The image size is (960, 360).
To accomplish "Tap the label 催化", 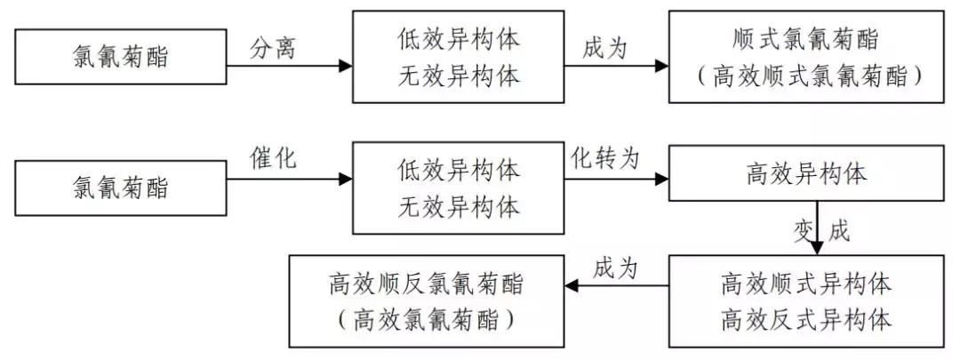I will pyautogui.click(x=272, y=159).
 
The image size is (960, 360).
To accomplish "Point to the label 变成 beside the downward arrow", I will pyautogui.click(x=821, y=231).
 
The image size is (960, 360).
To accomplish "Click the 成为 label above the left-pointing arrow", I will pyautogui.click(x=616, y=267).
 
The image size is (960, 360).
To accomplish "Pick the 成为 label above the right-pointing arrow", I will pyautogui.click(x=604, y=48).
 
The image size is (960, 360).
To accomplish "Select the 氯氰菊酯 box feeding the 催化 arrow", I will pyautogui.click(x=121, y=188).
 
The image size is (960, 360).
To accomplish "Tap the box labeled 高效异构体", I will pyautogui.click(x=806, y=174).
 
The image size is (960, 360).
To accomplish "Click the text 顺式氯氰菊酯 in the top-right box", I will pyautogui.click(x=806, y=40).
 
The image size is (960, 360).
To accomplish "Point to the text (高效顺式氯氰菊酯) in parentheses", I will pyautogui.click(x=806, y=76).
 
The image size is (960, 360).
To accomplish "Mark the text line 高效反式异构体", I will pyautogui.click(x=806, y=318).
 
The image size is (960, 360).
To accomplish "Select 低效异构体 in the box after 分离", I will pyautogui.click(x=458, y=40).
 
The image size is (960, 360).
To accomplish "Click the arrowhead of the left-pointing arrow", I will pyautogui.click(x=573, y=286).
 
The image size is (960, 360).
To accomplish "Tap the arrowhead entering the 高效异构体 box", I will pyautogui.click(x=661, y=180).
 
